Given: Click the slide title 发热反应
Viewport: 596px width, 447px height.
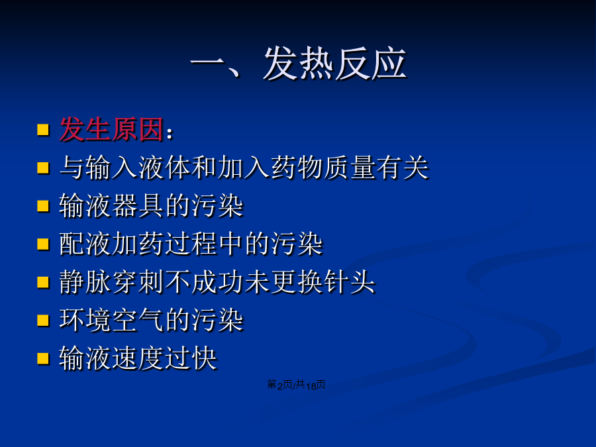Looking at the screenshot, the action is [x=335, y=64].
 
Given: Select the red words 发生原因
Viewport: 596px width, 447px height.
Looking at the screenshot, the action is [x=112, y=129].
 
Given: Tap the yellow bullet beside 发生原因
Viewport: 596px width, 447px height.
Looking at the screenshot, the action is [x=43, y=130].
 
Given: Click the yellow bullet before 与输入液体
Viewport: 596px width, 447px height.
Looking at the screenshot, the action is [x=43, y=168].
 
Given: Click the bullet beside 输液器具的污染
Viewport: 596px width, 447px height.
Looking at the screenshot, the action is [x=43, y=206].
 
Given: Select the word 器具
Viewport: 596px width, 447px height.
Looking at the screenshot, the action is [x=138, y=206].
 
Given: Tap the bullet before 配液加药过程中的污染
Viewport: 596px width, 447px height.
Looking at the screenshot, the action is [x=43, y=244].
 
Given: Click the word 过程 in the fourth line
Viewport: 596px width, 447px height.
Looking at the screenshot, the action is [x=191, y=244].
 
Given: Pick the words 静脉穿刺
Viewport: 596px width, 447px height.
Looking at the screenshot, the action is [x=112, y=282].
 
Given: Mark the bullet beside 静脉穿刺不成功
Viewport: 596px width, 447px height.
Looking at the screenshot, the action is [x=43, y=282].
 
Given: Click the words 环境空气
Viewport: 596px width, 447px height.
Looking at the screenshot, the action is [x=112, y=320].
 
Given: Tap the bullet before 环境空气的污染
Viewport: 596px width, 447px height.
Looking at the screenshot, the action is [x=43, y=320].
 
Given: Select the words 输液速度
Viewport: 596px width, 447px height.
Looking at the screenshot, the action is [x=112, y=358].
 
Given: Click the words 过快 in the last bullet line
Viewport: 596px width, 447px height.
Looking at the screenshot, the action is [x=191, y=358].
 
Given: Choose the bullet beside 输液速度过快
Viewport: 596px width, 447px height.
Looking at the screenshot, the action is [x=43, y=358].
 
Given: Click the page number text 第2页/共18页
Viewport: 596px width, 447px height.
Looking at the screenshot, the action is [x=296, y=385].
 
